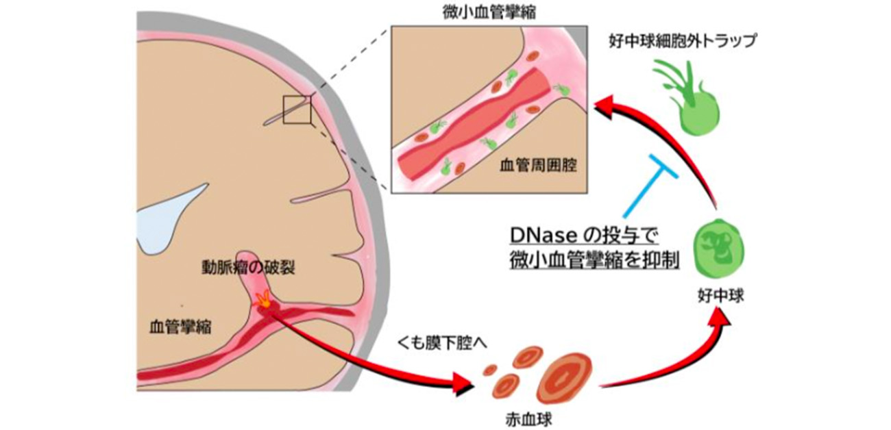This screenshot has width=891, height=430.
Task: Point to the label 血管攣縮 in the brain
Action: coord(180,327)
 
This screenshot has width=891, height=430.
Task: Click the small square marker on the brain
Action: coord(297,110)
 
